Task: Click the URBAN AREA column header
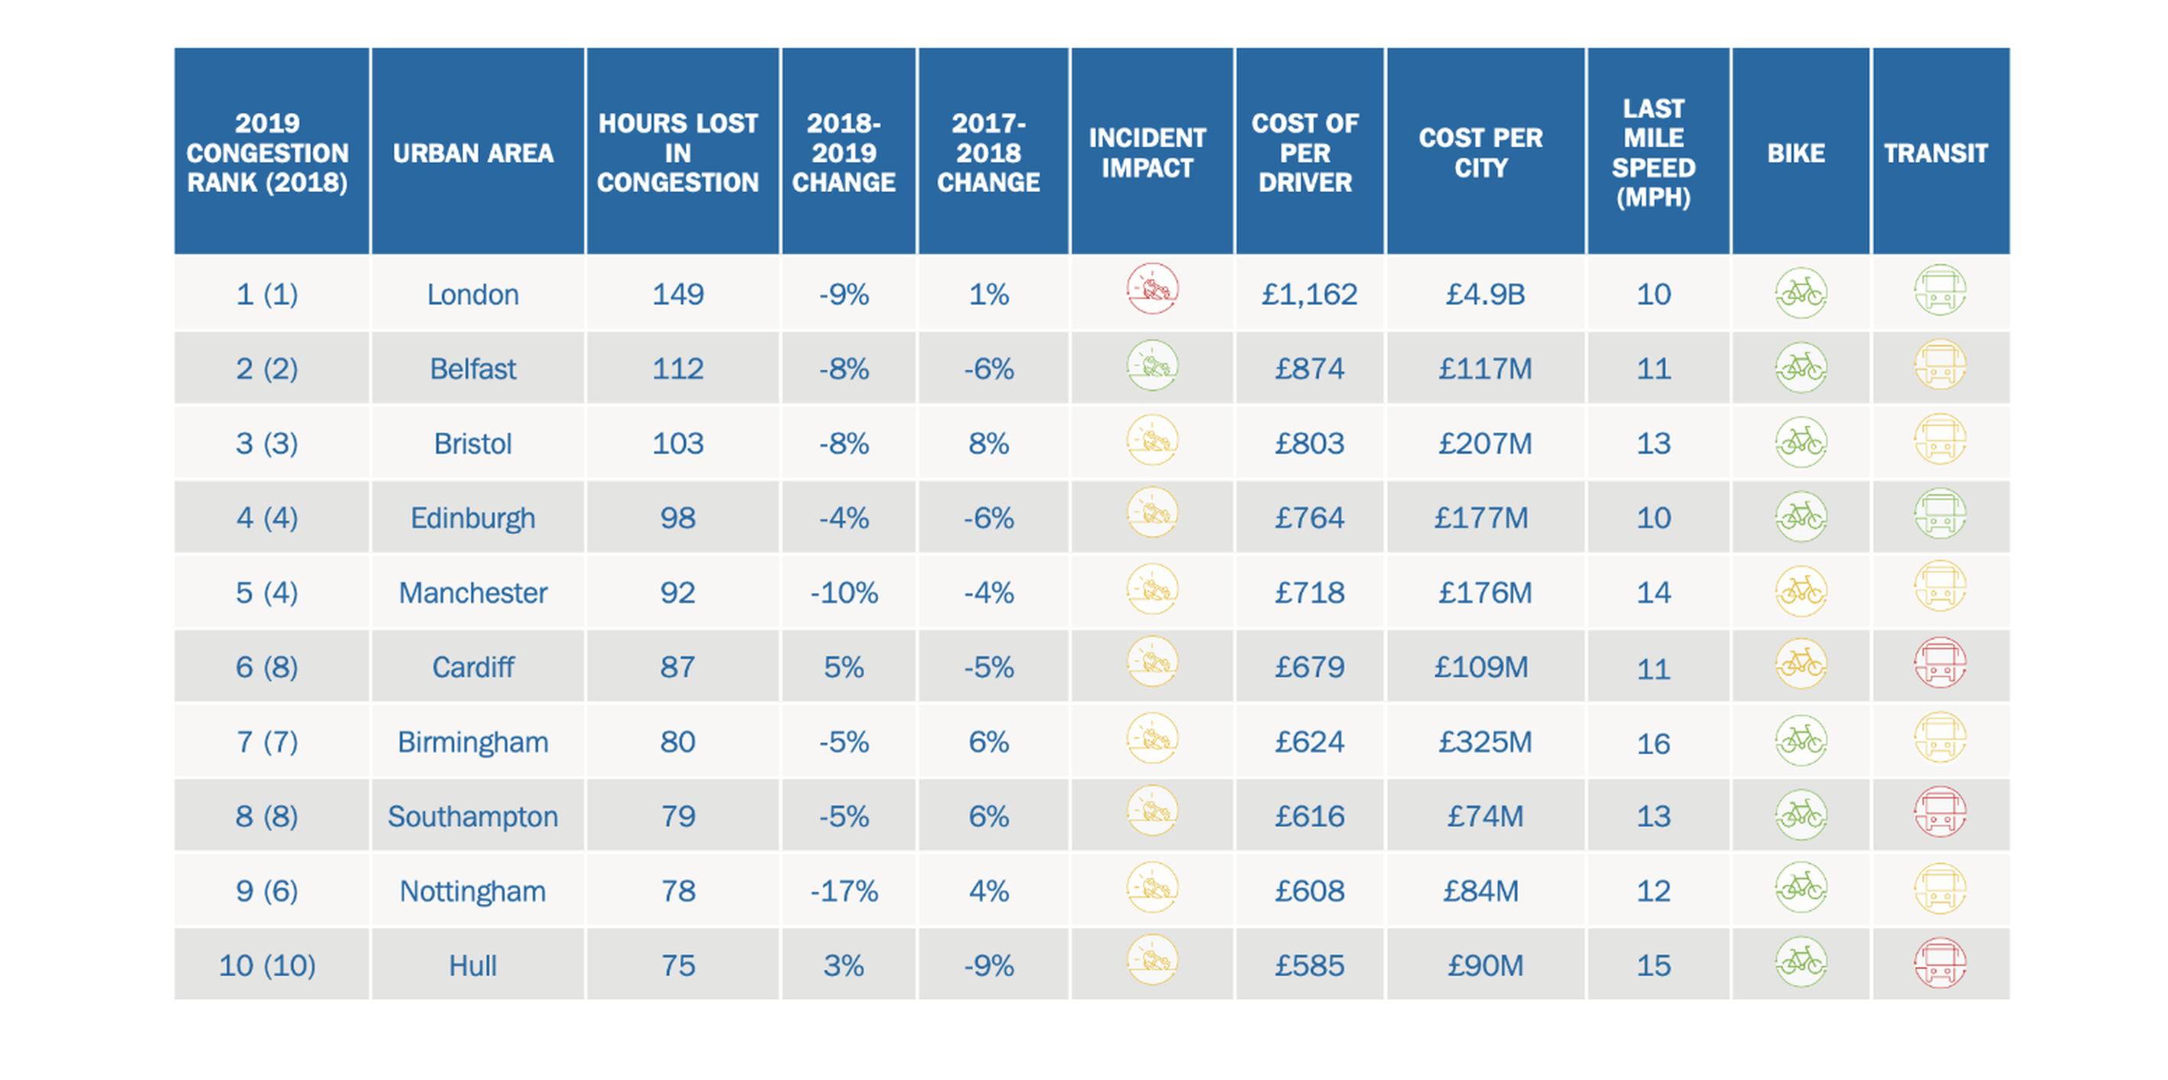click(473, 153)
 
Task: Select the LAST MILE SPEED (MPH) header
click(1653, 153)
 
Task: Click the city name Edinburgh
click(473, 518)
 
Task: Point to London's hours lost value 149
click(677, 294)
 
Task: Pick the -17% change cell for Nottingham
click(844, 891)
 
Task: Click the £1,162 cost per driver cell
click(1309, 294)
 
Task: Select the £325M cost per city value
click(1484, 742)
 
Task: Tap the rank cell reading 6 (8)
click(267, 667)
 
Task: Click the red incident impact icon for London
click(1152, 288)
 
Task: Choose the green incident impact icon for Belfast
click(1152, 365)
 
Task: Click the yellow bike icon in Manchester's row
click(1801, 590)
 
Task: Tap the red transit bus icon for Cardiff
click(1940, 663)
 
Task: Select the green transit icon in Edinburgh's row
click(1940, 514)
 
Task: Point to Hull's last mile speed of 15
click(1653, 965)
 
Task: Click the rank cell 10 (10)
click(267, 965)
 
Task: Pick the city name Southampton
click(473, 817)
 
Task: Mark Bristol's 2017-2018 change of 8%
click(988, 444)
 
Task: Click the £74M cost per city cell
click(1484, 817)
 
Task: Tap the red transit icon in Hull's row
click(1940, 961)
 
